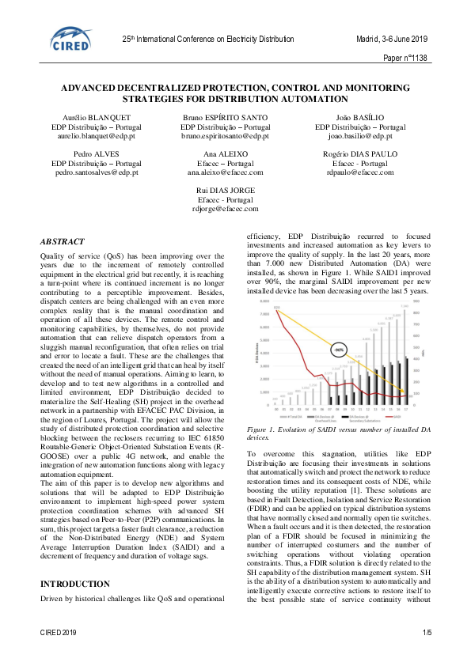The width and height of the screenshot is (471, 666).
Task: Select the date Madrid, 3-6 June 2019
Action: tap(391, 40)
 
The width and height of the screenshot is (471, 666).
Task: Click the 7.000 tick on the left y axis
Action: tap(264, 313)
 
